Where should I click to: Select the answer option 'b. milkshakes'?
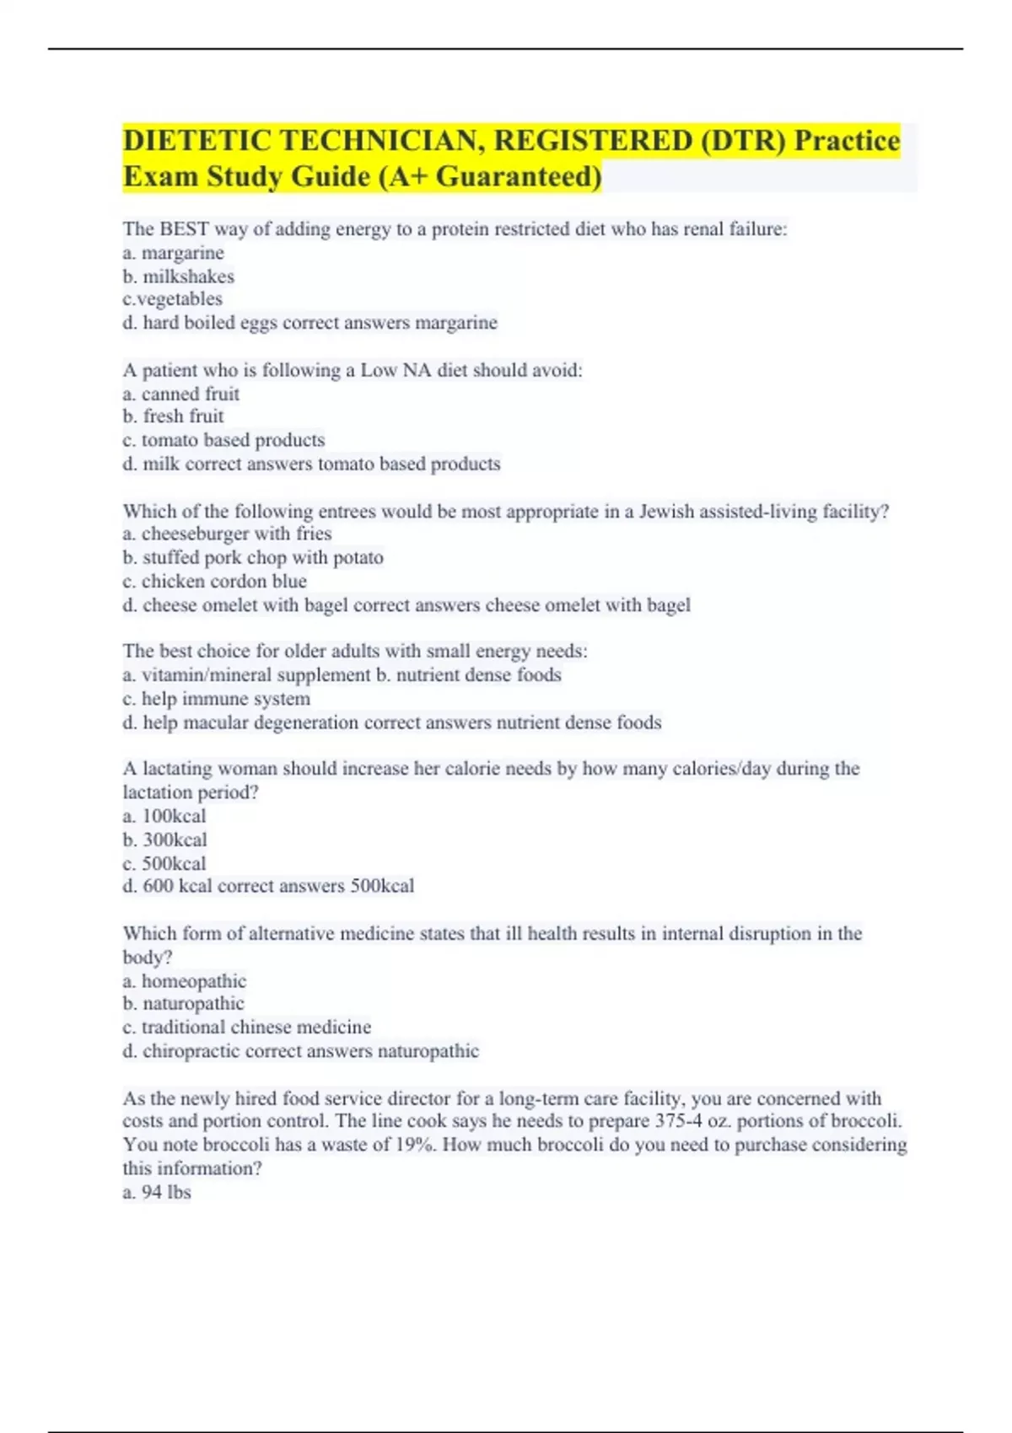178,276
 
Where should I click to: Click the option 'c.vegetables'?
172,299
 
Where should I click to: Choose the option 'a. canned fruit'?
180,394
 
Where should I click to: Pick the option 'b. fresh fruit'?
173,416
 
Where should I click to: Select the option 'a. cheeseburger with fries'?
227,534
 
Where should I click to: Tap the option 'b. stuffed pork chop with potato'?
253,557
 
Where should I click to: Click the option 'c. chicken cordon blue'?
214,581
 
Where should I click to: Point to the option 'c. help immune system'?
216,699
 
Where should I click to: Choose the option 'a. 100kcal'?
164,816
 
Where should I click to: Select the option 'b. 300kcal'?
164,840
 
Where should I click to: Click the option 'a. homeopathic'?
184,981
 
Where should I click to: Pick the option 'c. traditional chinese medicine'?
246,1028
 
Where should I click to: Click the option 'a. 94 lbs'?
157,1192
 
